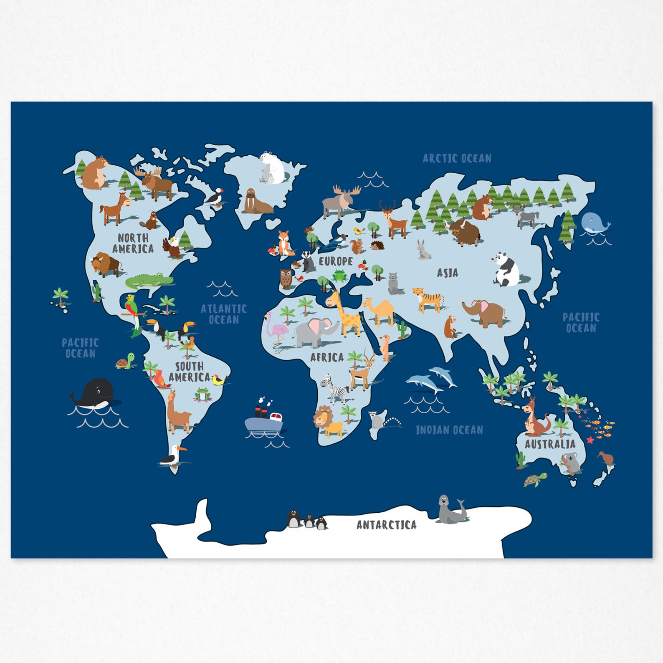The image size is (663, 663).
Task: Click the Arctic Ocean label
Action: coord(457,158)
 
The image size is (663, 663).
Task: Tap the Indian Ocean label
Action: coord(449,430)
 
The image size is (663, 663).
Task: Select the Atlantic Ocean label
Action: coord(224,314)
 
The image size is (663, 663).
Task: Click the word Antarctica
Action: coord(387,525)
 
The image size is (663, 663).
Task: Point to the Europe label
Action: coord(336,261)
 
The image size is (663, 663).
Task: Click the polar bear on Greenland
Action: coord(271,168)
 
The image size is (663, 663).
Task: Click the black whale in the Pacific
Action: coord(95,394)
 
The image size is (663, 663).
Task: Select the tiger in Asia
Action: coord(428,299)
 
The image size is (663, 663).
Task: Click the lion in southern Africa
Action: coord(328,423)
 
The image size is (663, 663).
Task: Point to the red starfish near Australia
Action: coord(590,440)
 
